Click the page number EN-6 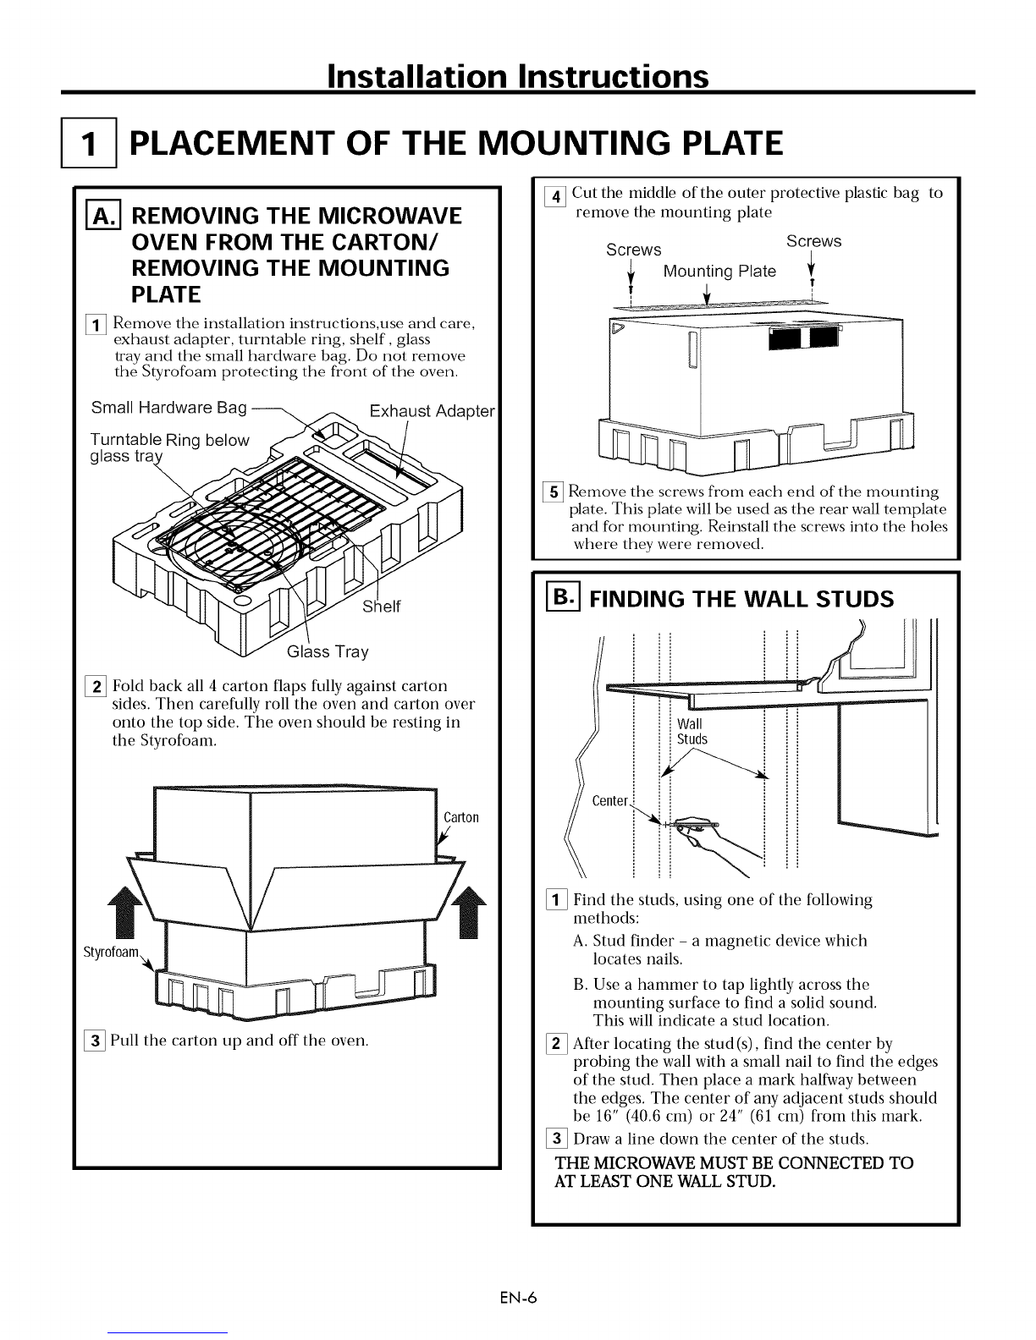click(518, 1298)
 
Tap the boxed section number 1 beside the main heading click(89, 143)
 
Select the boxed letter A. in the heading click(103, 215)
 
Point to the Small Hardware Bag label click(168, 408)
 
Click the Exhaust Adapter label click(432, 410)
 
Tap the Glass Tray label click(328, 651)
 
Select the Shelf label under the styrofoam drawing click(382, 607)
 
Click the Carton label click(461, 817)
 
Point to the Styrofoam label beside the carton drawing click(111, 952)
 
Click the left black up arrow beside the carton click(125, 912)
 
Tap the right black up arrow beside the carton click(469, 912)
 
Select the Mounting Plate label click(719, 272)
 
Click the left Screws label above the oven click(634, 250)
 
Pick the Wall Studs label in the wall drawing click(692, 732)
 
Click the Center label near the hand click(609, 801)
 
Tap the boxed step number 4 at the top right click(555, 197)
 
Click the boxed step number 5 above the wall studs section click(553, 492)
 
